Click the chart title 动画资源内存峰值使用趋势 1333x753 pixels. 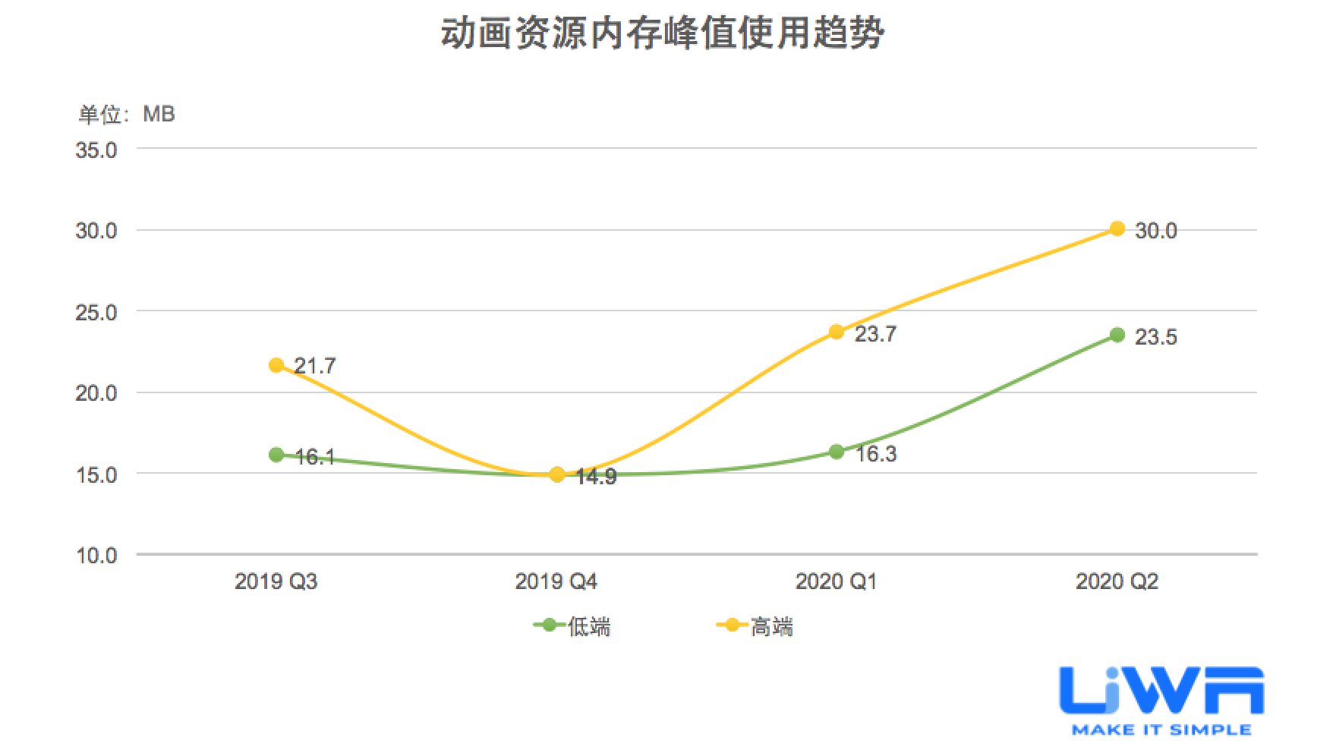click(x=662, y=34)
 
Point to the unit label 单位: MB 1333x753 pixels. click(x=127, y=114)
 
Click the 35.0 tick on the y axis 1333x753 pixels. click(x=96, y=150)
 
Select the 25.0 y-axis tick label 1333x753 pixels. click(x=96, y=312)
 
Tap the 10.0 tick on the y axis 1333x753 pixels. click(x=96, y=556)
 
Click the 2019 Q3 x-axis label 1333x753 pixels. click(x=276, y=582)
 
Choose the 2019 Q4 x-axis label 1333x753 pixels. click(x=556, y=582)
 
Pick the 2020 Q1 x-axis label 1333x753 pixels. click(x=836, y=582)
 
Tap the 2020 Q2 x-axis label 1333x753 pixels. click(x=1117, y=582)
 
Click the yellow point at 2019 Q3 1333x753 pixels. click(x=276, y=365)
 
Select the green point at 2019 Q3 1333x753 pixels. click(x=276, y=455)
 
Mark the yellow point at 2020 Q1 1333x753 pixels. click(x=837, y=332)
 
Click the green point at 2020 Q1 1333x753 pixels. click(x=837, y=452)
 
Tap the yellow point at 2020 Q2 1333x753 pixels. click(x=1117, y=228)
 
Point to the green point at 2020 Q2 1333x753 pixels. click(x=1117, y=335)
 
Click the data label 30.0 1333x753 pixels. click(x=1155, y=231)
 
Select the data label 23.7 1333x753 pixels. click(x=875, y=334)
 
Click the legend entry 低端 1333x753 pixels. click(x=574, y=627)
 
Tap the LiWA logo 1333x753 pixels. click(x=1161, y=700)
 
